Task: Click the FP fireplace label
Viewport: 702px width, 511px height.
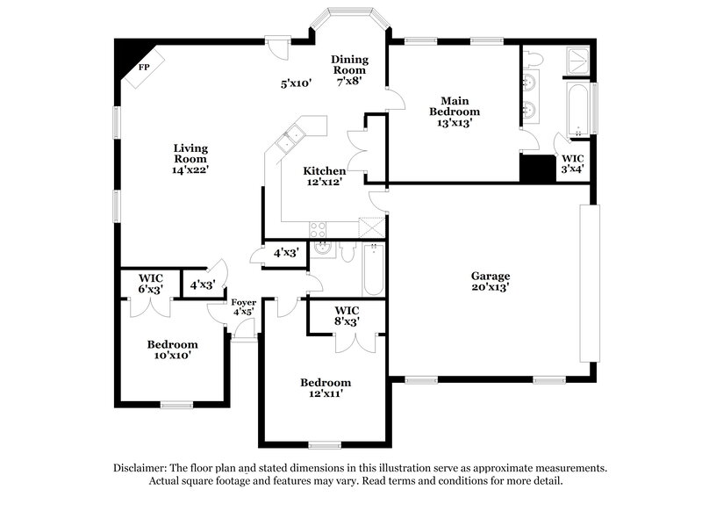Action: [144, 66]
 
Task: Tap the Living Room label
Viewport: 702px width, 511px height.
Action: [190, 159]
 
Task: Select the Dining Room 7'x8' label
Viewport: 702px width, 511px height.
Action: [349, 69]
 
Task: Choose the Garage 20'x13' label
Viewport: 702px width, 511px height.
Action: [489, 281]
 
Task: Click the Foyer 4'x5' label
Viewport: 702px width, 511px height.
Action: [243, 307]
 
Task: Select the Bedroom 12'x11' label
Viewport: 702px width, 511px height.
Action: [326, 388]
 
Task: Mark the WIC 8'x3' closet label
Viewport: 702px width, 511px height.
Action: [347, 316]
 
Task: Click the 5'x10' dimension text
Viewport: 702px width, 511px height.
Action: [297, 84]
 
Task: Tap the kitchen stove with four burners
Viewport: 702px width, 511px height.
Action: [318, 227]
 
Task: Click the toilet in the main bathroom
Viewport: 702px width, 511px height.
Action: [536, 58]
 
